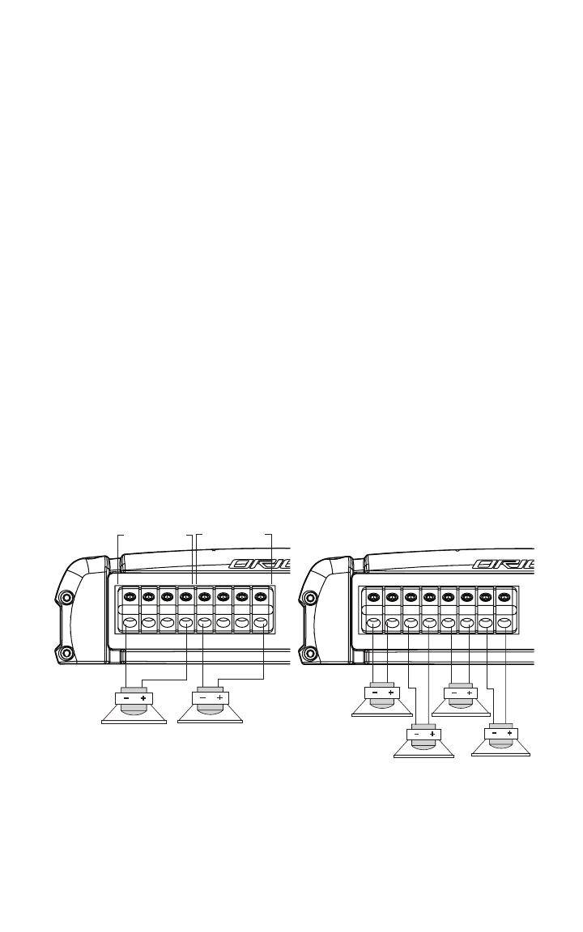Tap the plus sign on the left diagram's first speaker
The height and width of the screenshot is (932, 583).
tap(143, 697)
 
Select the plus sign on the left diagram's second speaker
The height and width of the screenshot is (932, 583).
tap(219, 697)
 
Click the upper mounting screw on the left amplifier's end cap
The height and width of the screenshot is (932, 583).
tap(66, 598)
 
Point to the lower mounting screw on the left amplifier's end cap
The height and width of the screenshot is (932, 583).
tap(66, 653)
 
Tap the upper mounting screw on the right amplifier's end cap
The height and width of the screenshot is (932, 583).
tap(309, 598)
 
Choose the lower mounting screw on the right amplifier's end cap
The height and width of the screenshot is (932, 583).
tap(309, 653)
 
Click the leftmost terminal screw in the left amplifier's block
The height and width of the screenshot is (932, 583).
tap(130, 598)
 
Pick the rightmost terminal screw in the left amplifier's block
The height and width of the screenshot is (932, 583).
tap(261, 598)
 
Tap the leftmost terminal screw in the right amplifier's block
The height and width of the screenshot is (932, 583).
tap(373, 598)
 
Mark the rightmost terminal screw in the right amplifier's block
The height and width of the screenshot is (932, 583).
tap(504, 598)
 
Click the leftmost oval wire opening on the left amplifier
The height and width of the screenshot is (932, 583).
tap(130, 624)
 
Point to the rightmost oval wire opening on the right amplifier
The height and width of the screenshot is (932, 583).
tap(504, 624)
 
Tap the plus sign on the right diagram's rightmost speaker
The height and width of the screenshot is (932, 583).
tap(510, 733)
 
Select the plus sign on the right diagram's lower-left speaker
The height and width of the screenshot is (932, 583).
tap(432, 735)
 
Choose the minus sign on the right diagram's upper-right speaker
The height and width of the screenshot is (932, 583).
tap(453, 693)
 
